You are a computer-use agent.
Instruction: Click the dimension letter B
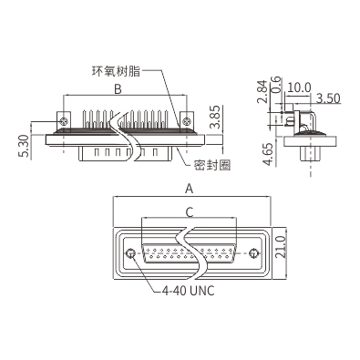pos(118,89)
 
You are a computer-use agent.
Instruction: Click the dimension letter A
pos(190,189)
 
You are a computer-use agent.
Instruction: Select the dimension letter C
pos(190,212)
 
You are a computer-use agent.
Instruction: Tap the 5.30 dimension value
pos(26,146)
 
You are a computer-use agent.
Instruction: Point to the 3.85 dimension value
pos(215,117)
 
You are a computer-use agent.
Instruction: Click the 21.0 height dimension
pos(282,248)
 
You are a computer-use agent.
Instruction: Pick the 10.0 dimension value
pos(299,87)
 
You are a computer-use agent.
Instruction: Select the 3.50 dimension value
pos(328,98)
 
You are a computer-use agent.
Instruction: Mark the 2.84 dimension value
pos(262,91)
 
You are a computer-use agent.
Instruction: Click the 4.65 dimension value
pos(268,154)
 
